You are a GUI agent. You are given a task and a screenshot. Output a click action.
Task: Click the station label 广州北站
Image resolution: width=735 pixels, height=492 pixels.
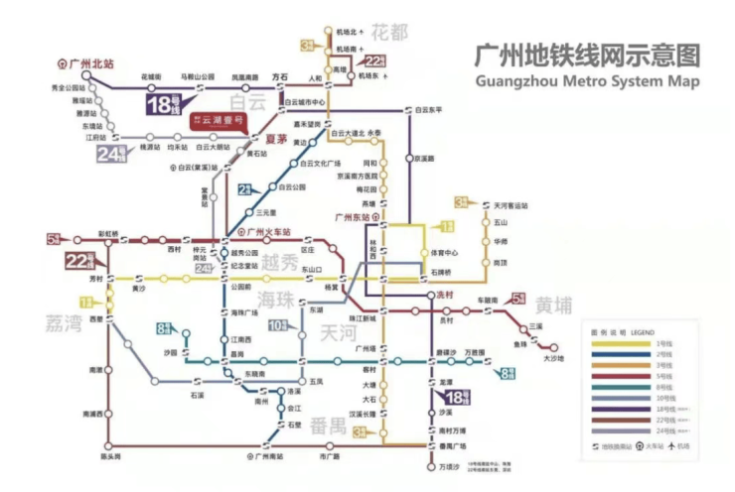pyautogui.click(x=91, y=62)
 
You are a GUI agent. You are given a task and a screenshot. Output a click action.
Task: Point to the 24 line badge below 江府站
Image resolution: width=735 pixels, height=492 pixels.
pyautogui.click(x=112, y=155)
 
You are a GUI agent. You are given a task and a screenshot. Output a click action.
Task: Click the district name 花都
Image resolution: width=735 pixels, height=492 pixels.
pyautogui.click(x=388, y=32)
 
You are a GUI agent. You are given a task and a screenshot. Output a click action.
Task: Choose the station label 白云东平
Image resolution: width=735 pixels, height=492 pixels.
pyautogui.click(x=429, y=109)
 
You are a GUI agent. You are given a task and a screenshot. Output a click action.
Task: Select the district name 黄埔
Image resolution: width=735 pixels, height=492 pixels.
pyautogui.click(x=555, y=304)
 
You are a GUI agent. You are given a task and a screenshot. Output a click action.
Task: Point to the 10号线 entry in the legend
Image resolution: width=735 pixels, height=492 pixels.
pyautogui.click(x=661, y=398)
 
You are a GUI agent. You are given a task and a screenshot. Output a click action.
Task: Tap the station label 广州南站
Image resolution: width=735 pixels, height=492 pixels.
pyautogui.click(x=271, y=456)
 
